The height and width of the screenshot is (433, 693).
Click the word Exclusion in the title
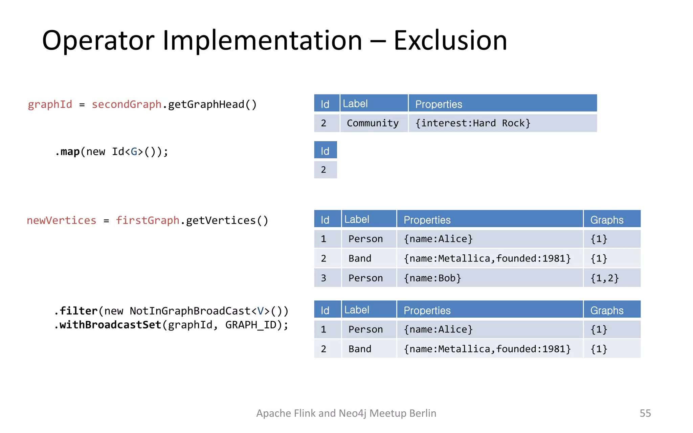pyautogui.click(x=450, y=41)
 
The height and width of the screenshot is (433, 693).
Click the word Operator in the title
pyautogui.click(x=98, y=41)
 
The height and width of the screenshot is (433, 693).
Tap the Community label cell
pyautogui.click(x=373, y=123)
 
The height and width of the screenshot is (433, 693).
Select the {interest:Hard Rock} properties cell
pyautogui.click(x=473, y=123)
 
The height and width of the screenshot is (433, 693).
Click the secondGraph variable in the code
pyautogui.click(x=127, y=104)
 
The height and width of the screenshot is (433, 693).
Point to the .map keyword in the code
pyautogui.click(x=67, y=152)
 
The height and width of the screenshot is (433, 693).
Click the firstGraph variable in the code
pyautogui.click(x=148, y=220)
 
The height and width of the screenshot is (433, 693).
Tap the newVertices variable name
pyautogui.click(x=62, y=220)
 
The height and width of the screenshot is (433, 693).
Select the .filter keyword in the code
pyautogui.click(x=76, y=311)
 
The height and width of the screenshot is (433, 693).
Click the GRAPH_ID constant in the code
pyautogui.click(x=253, y=325)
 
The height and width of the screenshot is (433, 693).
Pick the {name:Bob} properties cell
pyautogui.click(x=432, y=278)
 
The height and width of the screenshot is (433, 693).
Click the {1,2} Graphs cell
pyautogui.click(x=605, y=278)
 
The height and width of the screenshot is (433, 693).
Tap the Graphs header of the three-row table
pyautogui.click(x=607, y=220)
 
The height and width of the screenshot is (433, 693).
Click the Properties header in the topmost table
pyautogui.click(x=439, y=104)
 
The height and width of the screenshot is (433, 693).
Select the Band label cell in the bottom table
pyautogui.click(x=360, y=349)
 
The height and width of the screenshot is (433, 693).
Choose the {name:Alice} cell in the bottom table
pyautogui.click(x=438, y=329)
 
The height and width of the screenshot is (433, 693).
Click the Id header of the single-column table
pyautogui.click(x=325, y=151)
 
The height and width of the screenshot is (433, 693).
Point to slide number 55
pyautogui.click(x=645, y=413)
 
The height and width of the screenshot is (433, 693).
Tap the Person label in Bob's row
pyautogui.click(x=365, y=278)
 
